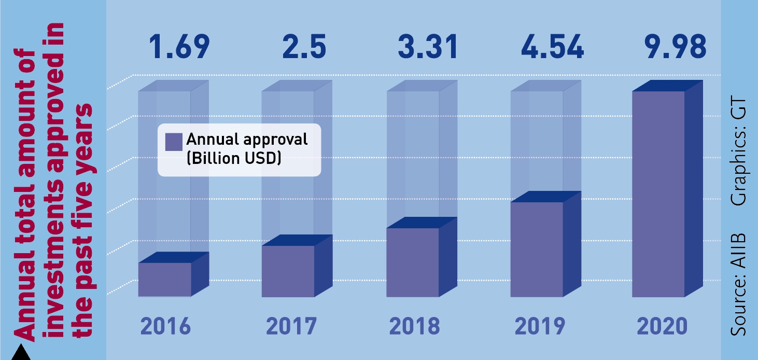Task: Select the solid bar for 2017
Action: coord(288,271)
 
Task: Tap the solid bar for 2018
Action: coord(413,262)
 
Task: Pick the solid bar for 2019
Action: coord(537,249)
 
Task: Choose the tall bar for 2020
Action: coord(659,194)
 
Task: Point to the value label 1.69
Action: coord(179,46)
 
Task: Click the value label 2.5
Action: coord(304,46)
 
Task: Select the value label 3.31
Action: coord(428,46)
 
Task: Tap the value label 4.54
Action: coord(553,46)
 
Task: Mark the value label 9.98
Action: coord(676,46)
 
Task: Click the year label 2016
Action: coord(166,327)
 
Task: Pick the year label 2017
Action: coord(291,327)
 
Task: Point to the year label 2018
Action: coord(414,327)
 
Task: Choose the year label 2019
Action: coord(539,327)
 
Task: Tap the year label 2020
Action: coord(663,327)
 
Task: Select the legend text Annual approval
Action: coord(247,140)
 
